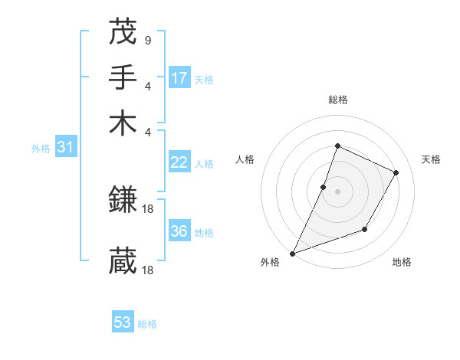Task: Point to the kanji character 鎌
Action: (123, 201)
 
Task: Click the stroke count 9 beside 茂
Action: (147, 40)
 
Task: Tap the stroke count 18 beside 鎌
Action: (149, 208)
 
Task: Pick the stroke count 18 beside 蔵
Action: (149, 270)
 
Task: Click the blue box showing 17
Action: (179, 77)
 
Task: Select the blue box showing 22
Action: (179, 162)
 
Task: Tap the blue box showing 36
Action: (179, 231)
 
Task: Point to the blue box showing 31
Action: (65, 147)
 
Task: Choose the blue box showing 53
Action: (123, 322)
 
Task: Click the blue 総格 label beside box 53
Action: (147, 324)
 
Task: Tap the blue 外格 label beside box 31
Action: (41, 149)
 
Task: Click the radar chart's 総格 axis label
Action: (338, 100)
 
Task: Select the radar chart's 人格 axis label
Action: (245, 159)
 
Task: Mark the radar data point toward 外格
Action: (293, 253)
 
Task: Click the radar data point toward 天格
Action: (396, 172)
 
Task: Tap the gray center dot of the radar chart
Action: (338, 191)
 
